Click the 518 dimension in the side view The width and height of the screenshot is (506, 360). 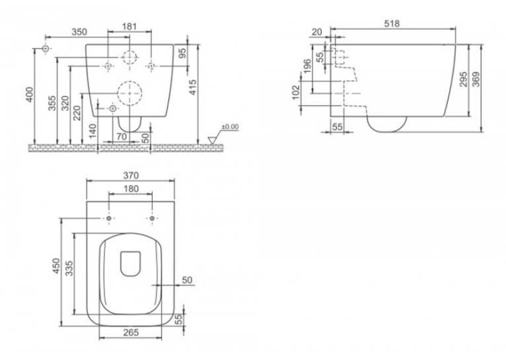pyautogui.click(x=392, y=24)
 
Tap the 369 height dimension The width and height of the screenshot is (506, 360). pyautogui.click(x=476, y=79)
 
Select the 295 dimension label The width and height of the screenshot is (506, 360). pyautogui.click(x=464, y=79)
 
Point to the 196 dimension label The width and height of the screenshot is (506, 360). pyautogui.click(x=308, y=66)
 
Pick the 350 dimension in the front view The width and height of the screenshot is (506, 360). pyautogui.click(x=79, y=32)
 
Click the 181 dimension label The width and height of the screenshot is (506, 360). pyautogui.click(x=129, y=26)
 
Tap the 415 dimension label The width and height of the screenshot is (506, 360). pyautogui.click(x=192, y=87)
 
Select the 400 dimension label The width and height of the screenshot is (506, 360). pyautogui.click(x=29, y=94)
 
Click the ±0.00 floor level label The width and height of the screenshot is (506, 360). pyautogui.click(x=230, y=126)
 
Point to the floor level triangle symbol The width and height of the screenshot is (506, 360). pyautogui.click(x=212, y=140)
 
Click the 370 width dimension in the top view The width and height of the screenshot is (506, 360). pyautogui.click(x=131, y=176)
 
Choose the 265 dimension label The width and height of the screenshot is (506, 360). pyautogui.click(x=131, y=332)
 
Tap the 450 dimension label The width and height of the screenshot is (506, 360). pyautogui.click(x=56, y=266)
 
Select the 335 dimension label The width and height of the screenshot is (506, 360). pyautogui.click(x=69, y=268)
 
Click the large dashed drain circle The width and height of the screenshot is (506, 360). pyautogui.click(x=129, y=93)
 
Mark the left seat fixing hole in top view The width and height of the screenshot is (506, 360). pyautogui.click(x=109, y=219)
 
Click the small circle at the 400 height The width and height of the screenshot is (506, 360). pyautogui.click(x=46, y=49)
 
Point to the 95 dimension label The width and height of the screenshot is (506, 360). pyautogui.click(x=183, y=53)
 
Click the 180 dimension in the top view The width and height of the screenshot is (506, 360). pyautogui.click(x=131, y=188)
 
